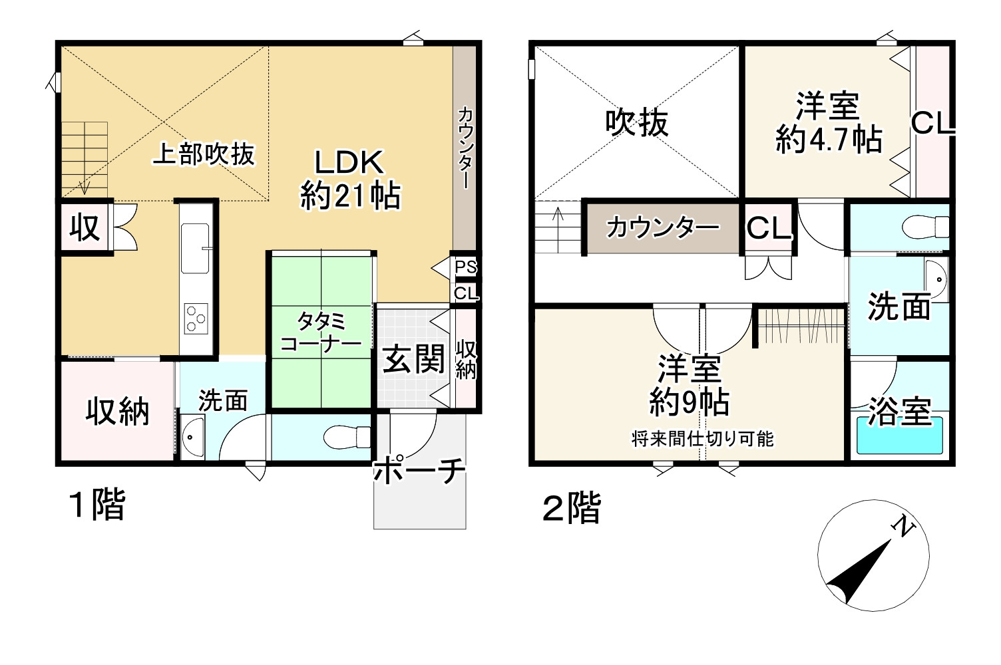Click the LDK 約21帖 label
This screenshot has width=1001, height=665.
coord(350,180)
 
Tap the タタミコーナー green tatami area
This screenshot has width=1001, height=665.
coord(319,332)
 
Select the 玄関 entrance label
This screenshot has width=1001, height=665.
coord(413,360)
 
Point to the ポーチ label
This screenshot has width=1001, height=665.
coord(419,471)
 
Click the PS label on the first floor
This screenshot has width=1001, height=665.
coord(466,267)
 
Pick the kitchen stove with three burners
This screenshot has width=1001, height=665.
coord(196,318)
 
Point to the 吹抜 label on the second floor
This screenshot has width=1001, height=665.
coord(636,123)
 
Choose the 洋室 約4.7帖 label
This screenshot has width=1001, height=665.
coord(829,123)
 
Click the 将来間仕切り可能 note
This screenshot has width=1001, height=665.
coord(702,439)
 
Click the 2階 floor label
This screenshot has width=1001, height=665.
coord(571,509)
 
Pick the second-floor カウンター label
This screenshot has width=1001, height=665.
coord(662,228)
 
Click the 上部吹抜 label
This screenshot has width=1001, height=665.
coord(204,154)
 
